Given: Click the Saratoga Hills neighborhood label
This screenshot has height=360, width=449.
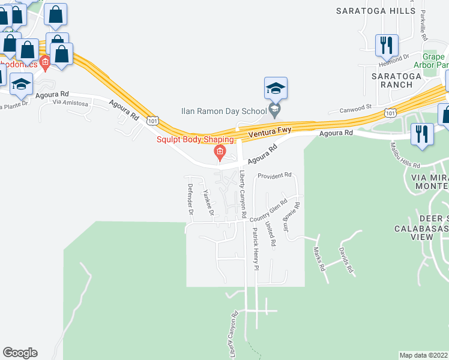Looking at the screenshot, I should pos(375,11).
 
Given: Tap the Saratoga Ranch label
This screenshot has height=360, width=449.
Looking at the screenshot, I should pos(392,80).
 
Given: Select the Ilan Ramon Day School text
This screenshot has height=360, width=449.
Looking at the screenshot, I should pos(232,111).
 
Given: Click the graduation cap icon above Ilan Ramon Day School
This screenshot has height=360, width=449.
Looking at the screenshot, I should pos(276,89).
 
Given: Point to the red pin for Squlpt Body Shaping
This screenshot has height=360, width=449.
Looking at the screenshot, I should pos(220,154).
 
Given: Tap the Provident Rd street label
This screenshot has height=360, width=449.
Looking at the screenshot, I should pos(274,176).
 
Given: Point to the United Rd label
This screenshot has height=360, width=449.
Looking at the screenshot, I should pos(272,235).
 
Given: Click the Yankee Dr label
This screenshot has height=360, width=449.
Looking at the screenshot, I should pos(208,202).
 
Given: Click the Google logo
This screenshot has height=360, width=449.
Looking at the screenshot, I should pos(20,352).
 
